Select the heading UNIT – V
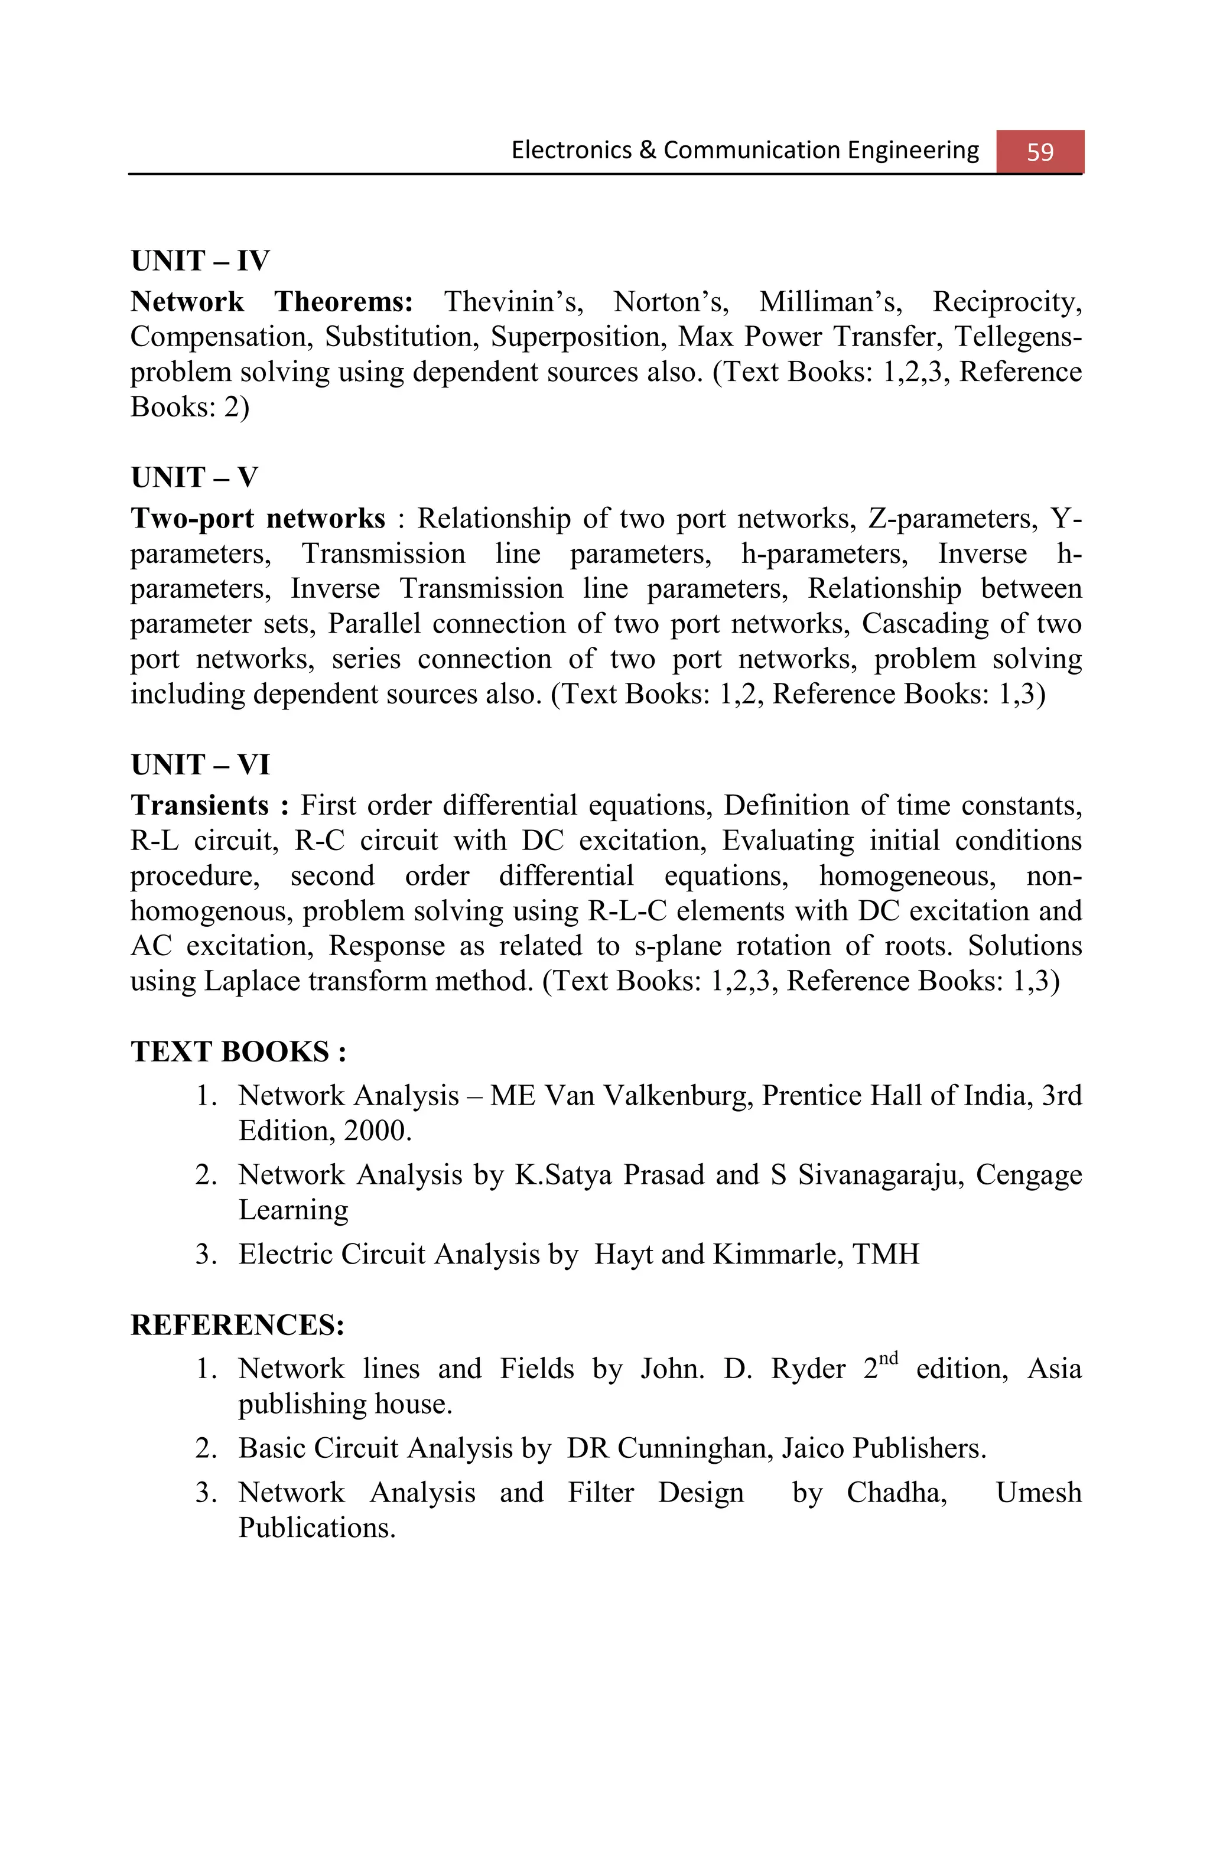(194, 477)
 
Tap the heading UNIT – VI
(200, 764)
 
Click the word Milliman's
(831, 301)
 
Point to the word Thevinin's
(513, 301)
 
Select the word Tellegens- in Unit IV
(1017, 337)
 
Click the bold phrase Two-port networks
(258, 518)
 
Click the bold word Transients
(200, 806)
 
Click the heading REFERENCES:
(237, 1325)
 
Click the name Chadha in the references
(896, 1492)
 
